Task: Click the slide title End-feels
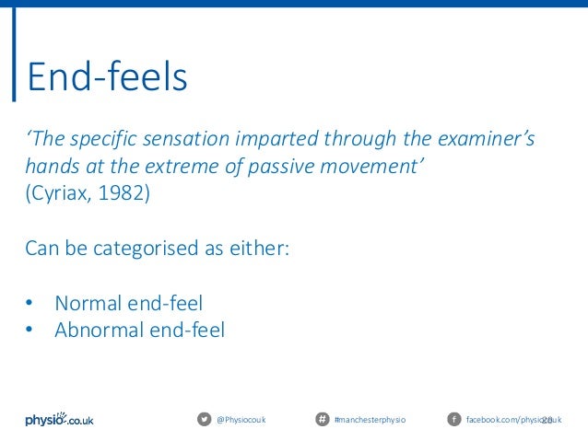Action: tap(107, 78)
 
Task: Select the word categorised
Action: tap(155, 250)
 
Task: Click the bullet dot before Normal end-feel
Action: tap(29, 303)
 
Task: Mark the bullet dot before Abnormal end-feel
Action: tap(29, 330)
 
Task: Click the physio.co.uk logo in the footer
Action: tap(59, 419)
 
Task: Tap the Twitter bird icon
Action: tap(204, 420)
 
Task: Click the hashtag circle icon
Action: tap(322, 420)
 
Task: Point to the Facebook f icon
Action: tap(453, 420)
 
